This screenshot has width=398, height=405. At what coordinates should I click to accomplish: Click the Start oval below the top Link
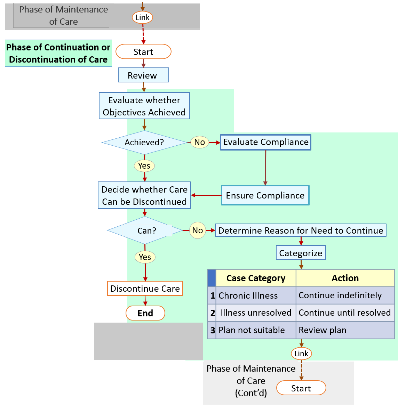click(143, 52)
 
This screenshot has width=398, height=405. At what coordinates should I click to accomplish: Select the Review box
click(143, 75)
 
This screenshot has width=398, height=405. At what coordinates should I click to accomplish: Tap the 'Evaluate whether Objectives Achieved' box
click(144, 106)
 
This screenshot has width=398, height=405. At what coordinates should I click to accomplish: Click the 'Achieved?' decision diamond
click(144, 143)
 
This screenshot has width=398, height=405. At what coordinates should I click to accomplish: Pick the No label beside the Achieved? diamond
click(199, 142)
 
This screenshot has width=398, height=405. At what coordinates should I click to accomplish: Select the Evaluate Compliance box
click(266, 142)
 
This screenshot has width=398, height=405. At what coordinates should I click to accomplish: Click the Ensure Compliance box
click(265, 195)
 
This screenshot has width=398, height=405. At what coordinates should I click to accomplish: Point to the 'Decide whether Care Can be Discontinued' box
click(144, 195)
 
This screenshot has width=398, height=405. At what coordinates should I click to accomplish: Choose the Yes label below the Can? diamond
click(145, 257)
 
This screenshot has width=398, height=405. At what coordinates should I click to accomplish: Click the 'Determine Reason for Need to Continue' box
click(301, 230)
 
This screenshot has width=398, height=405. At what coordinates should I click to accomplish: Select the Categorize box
click(301, 253)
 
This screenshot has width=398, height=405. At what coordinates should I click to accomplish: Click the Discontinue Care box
click(145, 289)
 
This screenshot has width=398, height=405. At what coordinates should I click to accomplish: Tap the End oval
click(145, 313)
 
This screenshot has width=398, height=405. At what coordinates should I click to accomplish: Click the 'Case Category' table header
click(256, 278)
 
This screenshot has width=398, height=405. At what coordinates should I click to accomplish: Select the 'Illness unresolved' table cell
click(256, 313)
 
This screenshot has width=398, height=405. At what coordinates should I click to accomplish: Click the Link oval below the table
click(301, 354)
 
